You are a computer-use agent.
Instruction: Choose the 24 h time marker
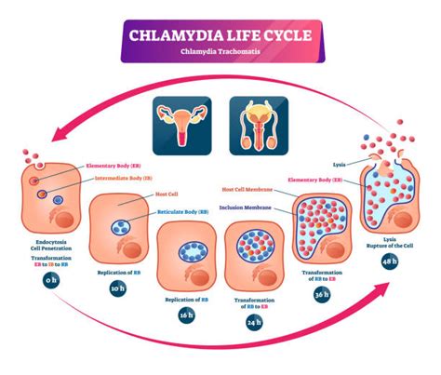point(254,323)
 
